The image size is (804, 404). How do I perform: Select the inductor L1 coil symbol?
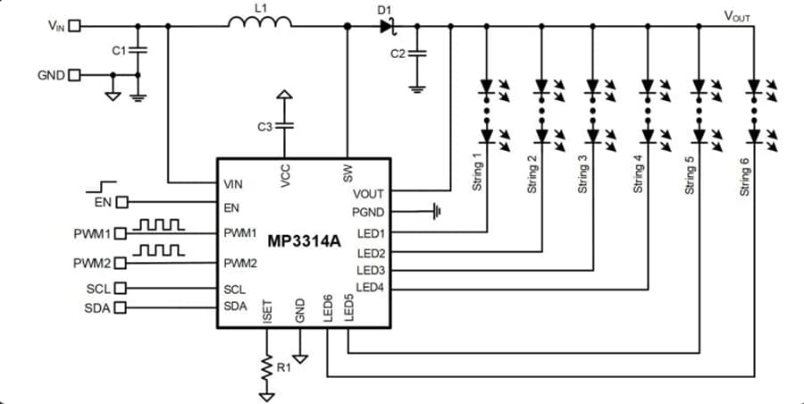point(259,25)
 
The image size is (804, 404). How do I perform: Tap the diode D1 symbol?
point(386,26)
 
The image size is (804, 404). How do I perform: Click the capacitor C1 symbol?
point(138,51)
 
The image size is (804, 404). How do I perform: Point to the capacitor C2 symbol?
point(416,54)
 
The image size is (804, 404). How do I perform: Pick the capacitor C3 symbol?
point(284,126)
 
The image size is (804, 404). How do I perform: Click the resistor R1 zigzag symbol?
point(265,366)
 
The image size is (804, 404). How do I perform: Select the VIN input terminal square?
point(74,26)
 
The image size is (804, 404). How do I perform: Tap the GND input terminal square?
point(74,75)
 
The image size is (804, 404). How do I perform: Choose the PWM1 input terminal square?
point(122,234)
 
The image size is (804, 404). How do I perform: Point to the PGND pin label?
point(368,213)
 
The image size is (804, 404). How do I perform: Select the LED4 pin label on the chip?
point(370,288)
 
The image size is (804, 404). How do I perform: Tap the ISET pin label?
point(266,312)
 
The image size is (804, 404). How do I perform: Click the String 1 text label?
point(478,172)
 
